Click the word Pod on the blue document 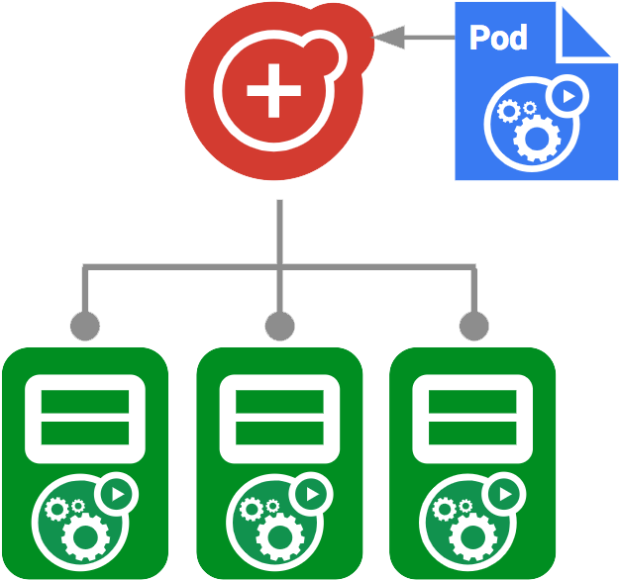[498, 38]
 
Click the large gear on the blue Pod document [535, 136]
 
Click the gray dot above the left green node [85, 325]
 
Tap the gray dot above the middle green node [280, 325]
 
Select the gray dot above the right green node [474, 325]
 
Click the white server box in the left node [85, 419]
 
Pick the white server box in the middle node [279, 419]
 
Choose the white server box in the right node [473, 419]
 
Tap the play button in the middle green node [312, 493]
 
